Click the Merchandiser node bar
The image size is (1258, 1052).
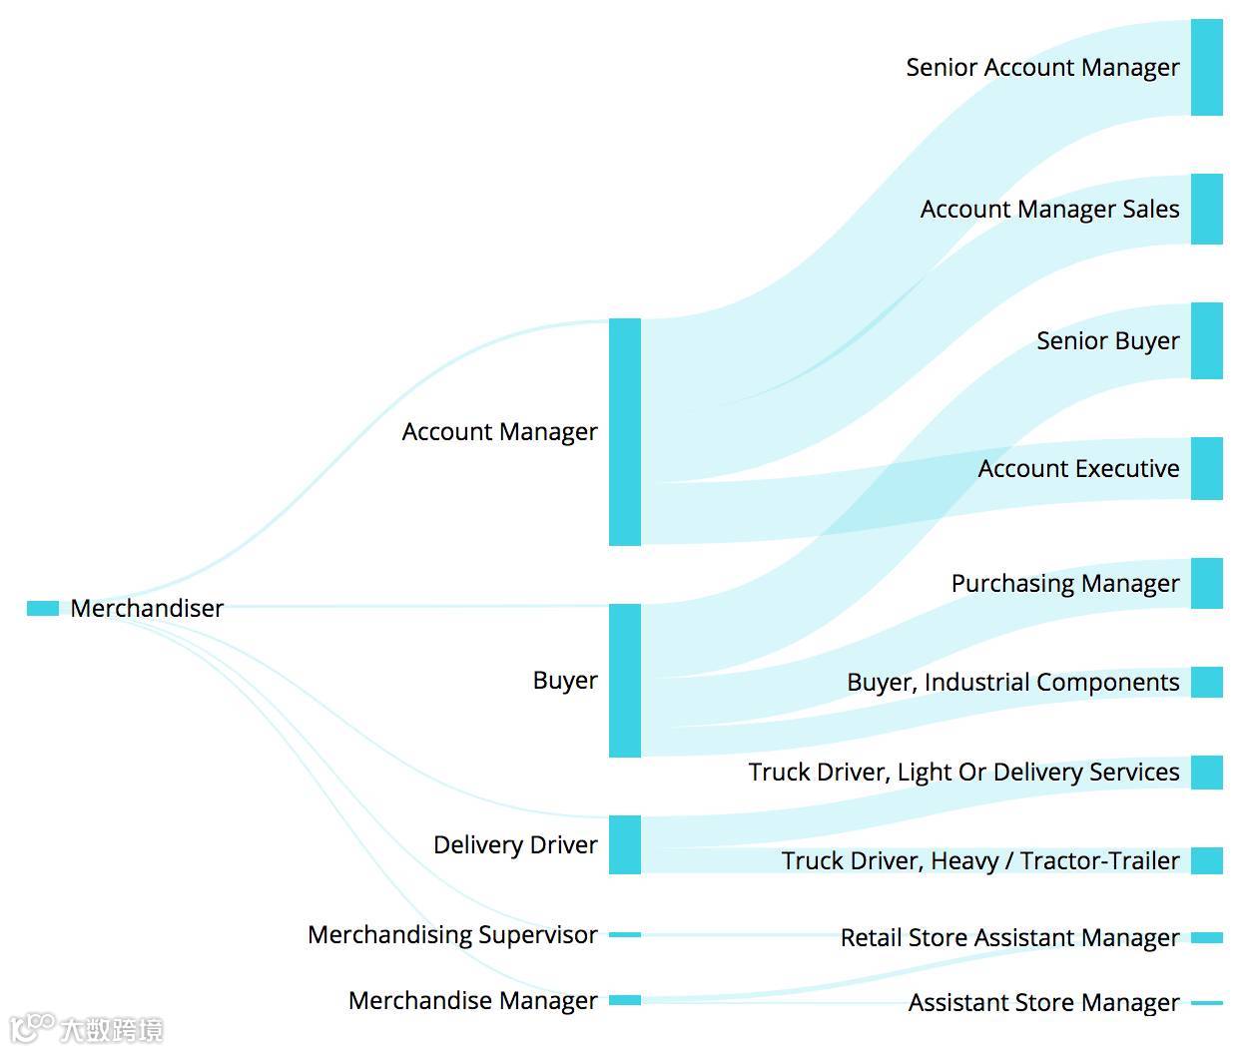click(43, 608)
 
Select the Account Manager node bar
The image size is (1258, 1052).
click(625, 432)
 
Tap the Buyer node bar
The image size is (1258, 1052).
click(625, 680)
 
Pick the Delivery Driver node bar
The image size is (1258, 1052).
click(625, 844)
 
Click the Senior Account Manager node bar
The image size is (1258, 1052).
click(1206, 67)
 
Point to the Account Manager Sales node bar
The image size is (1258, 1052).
click(1206, 209)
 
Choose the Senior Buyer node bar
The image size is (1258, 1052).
click(1206, 340)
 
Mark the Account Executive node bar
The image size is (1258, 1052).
click(1206, 468)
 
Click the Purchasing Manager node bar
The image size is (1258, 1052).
click(1206, 583)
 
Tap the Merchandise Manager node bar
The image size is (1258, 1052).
click(625, 1000)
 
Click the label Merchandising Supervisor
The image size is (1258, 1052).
click(452, 935)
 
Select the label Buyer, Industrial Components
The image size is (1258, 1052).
click(1012, 683)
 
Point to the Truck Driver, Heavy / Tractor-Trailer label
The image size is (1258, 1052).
click(979, 860)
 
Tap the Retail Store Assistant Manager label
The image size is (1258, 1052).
click(1009, 938)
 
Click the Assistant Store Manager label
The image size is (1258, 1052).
click(1043, 1003)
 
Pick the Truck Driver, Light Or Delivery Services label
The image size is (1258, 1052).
click(963, 773)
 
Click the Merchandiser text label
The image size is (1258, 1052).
click(147, 609)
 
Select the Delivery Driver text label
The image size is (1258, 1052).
click(515, 845)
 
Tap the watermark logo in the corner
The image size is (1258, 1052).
click(86, 1028)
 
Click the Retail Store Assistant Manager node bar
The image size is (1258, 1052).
click(1206, 937)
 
